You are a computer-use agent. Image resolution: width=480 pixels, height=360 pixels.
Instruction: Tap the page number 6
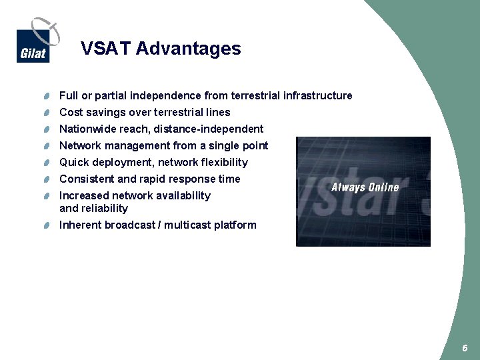(465, 348)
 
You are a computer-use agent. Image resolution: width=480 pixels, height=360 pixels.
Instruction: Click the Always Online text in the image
(365, 187)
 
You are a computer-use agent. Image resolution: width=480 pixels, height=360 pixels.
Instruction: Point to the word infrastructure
(317, 96)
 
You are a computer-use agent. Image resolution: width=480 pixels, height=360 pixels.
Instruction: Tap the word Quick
(73, 163)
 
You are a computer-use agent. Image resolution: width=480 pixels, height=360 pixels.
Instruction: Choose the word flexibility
(224, 163)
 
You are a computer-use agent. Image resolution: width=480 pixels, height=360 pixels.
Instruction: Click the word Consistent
(87, 179)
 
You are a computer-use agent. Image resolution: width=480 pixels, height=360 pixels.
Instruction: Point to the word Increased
(84, 196)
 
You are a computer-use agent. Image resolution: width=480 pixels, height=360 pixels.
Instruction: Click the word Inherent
(80, 225)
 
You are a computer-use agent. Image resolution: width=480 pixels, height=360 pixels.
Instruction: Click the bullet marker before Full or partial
(43, 96)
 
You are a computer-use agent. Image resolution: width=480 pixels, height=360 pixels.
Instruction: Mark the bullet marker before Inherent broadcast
(43, 225)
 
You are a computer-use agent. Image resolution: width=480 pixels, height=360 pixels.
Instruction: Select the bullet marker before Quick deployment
(43, 163)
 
